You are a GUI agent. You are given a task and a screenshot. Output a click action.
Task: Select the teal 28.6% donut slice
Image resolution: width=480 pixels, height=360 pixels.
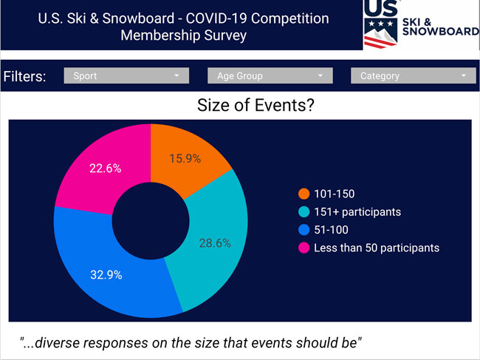point(215,242)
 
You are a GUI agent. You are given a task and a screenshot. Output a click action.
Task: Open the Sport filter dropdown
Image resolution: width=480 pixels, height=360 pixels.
point(126,75)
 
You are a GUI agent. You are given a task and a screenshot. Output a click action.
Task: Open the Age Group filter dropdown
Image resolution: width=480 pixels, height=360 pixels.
point(270,75)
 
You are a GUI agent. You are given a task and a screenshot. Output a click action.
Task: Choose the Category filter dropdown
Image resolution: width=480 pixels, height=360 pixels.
point(414,75)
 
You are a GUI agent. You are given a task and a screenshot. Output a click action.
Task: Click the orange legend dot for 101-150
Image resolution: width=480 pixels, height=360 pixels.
point(304,194)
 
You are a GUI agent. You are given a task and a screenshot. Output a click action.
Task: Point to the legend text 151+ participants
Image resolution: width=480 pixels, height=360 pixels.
point(357,212)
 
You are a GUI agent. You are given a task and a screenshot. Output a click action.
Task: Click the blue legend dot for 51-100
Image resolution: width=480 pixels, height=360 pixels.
point(304,230)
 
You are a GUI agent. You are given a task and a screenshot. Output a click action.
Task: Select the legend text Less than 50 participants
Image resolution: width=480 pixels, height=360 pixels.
point(377,248)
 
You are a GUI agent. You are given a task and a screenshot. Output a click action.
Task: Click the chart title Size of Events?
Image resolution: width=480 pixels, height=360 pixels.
point(256,105)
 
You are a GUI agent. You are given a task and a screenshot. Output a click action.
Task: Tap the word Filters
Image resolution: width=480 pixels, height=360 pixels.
point(25,76)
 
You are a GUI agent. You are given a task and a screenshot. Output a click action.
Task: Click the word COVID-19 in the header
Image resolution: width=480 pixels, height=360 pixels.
point(215,18)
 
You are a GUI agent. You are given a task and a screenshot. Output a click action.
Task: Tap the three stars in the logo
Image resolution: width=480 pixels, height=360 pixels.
point(381,23)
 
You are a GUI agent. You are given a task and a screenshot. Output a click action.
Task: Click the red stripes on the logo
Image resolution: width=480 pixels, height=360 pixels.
point(380,42)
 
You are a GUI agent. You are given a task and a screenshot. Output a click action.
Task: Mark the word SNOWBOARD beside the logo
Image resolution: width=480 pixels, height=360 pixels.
point(441,31)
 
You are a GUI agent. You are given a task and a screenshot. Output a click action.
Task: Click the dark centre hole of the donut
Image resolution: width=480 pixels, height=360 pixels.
point(151,221)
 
